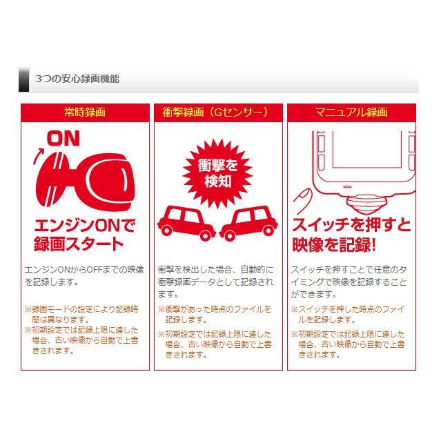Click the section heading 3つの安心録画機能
77,79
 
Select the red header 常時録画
84,112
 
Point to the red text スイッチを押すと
351,225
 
